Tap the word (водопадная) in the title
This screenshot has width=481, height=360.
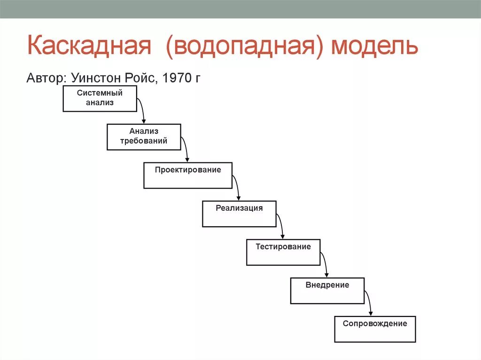tap(245, 47)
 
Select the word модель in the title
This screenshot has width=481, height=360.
tap(374, 47)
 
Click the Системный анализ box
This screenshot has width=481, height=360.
tap(100, 99)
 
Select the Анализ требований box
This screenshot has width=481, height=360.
tap(144, 137)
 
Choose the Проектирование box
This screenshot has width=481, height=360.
tap(188, 176)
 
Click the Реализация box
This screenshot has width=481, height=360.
tap(239, 214)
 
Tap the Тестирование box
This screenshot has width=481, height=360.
tap(283, 253)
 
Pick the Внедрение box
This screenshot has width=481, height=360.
tap(327, 291)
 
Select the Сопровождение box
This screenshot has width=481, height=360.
tap(375, 329)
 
